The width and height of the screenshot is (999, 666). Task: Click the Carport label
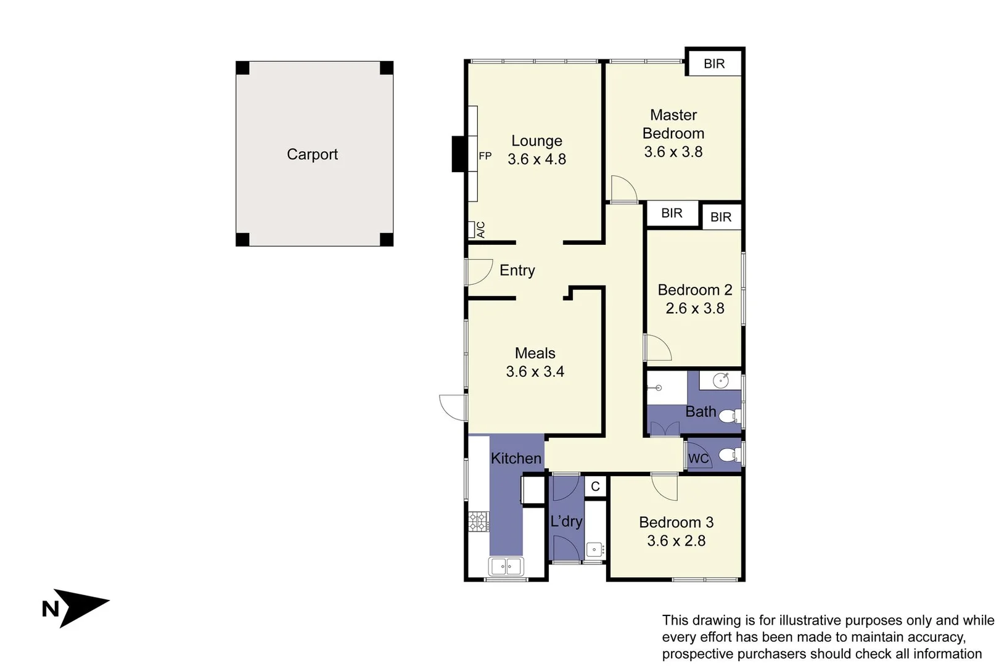pyautogui.click(x=312, y=154)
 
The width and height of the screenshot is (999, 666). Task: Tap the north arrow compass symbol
pyautogui.click(x=77, y=607)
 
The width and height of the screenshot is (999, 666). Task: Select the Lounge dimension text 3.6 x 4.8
pyautogui.click(x=536, y=159)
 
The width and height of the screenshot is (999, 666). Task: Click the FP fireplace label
pyautogui.click(x=485, y=156)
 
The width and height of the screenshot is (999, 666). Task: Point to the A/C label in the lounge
pyautogui.click(x=480, y=230)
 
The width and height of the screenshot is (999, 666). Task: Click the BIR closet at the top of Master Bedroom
pyautogui.click(x=714, y=64)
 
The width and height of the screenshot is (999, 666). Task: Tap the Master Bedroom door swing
pyautogui.click(x=623, y=189)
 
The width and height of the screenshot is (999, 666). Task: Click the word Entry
pyautogui.click(x=517, y=270)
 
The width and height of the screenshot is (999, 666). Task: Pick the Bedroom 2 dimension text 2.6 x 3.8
pyautogui.click(x=694, y=308)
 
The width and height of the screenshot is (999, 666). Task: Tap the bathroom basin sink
pyautogui.click(x=721, y=380)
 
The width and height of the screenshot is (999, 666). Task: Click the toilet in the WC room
pyautogui.click(x=728, y=455)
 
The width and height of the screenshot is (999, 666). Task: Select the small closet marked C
pyautogui.click(x=595, y=487)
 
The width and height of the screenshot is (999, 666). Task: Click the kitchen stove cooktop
pyautogui.click(x=478, y=521)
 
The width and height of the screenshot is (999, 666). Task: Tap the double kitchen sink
pyautogui.click(x=506, y=565)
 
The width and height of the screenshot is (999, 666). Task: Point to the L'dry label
pyautogui.click(x=565, y=522)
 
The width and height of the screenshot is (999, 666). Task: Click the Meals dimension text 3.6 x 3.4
pyautogui.click(x=535, y=372)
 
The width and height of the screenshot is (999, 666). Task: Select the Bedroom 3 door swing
pyautogui.click(x=665, y=486)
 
